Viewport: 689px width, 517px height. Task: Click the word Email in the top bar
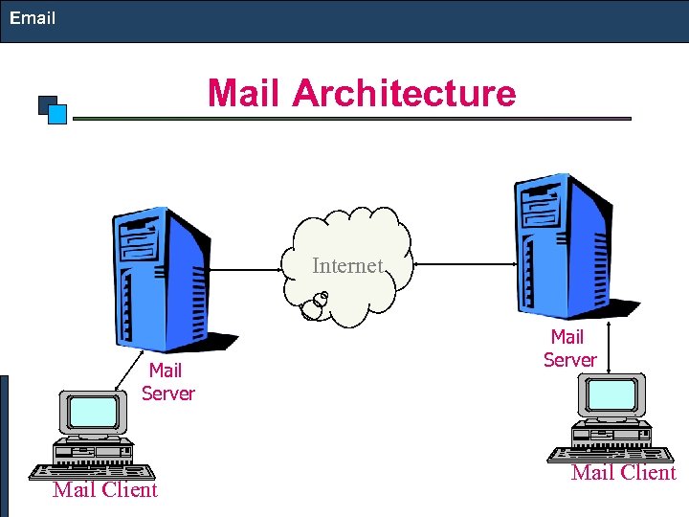[33, 18]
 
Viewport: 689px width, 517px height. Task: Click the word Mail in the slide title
[246, 94]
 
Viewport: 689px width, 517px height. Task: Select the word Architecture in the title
[404, 94]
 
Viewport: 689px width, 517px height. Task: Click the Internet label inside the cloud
[347, 265]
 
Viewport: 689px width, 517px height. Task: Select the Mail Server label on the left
[167, 382]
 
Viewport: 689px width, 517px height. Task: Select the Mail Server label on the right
[569, 348]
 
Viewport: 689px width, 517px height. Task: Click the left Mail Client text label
[105, 490]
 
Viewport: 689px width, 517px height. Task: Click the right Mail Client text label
[623, 473]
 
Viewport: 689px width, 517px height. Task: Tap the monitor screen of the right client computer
[611, 394]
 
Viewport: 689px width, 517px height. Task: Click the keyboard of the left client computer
[92, 471]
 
